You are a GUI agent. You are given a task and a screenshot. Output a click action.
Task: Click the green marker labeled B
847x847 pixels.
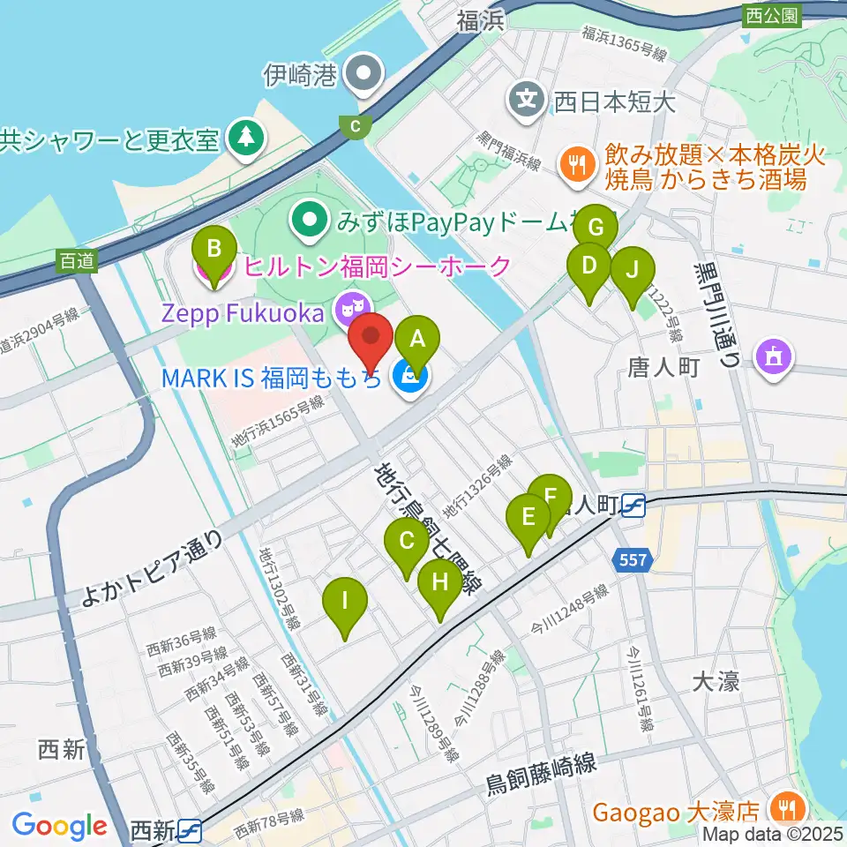coord(214,250)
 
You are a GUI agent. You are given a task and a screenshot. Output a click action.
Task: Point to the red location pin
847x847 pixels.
coord(371,337)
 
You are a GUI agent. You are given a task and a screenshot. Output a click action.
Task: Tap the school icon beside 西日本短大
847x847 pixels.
coord(527,96)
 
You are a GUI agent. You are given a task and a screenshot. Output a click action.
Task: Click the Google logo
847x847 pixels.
coord(59,827)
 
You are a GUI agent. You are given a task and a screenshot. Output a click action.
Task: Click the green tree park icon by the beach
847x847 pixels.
coord(243,136)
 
